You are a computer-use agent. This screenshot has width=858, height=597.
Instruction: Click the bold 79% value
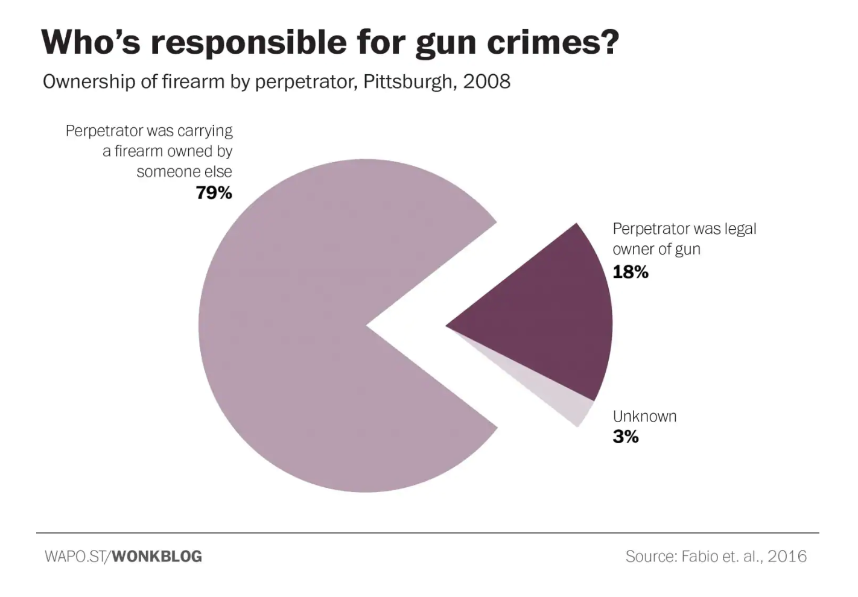click(214, 193)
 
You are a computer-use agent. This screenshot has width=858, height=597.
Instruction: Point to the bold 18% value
click(631, 273)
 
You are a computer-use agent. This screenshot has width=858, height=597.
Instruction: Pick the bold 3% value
click(626, 437)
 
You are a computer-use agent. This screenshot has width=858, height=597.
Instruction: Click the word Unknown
click(644, 416)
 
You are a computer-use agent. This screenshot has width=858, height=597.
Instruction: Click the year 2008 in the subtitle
click(486, 81)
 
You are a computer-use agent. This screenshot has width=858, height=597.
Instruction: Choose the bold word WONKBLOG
click(157, 556)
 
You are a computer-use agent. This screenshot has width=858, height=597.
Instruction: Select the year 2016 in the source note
click(787, 556)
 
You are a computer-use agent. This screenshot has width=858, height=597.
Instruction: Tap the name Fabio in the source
click(700, 556)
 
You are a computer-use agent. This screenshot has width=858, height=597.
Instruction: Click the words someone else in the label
click(184, 172)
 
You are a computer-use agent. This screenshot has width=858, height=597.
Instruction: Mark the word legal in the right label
click(740, 229)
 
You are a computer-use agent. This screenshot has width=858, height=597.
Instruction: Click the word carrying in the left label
click(205, 131)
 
